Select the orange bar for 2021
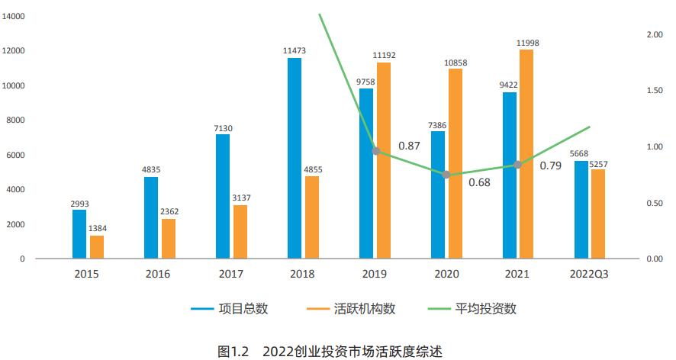[526, 153]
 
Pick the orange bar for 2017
[240, 232]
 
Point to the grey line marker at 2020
[447, 175]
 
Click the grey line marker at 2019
[375, 151]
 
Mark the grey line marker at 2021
[518, 165]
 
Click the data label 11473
[295, 50]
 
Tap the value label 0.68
[479, 183]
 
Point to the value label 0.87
[409, 145]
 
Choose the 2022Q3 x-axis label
[590, 274]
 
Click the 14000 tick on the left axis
[14, 16]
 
